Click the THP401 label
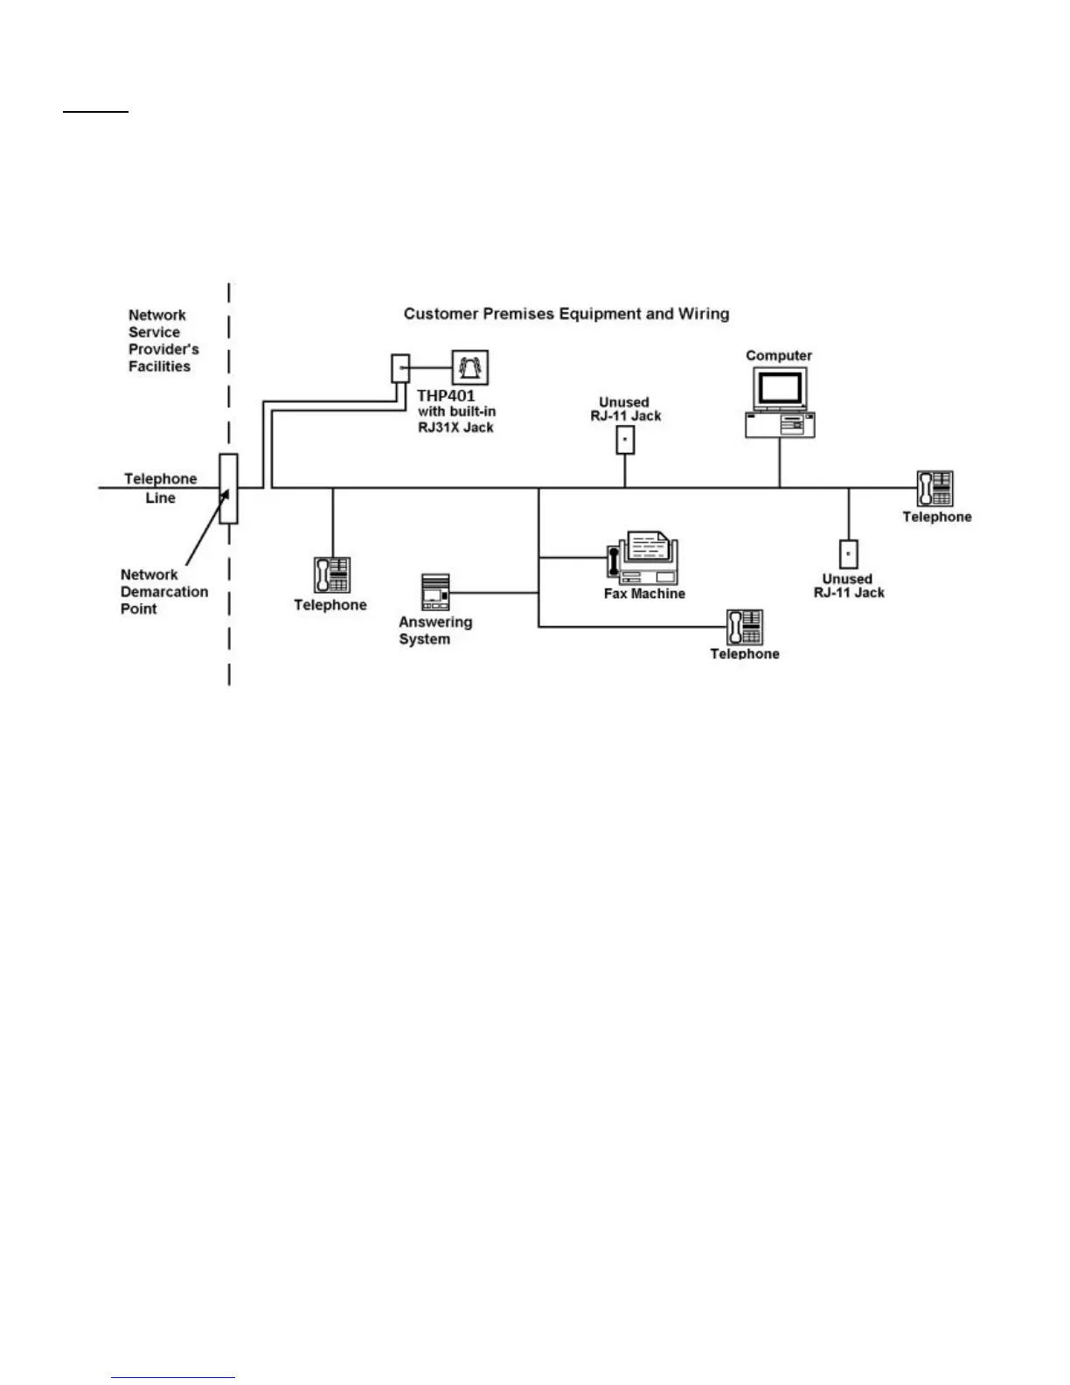pyautogui.click(x=446, y=396)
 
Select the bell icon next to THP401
pyautogui.click(x=470, y=367)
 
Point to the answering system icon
pyautogui.click(x=435, y=592)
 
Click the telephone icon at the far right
pyautogui.click(x=935, y=488)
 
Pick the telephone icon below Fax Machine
pyautogui.click(x=745, y=627)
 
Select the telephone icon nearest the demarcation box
pyautogui.click(x=332, y=574)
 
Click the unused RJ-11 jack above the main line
pyautogui.click(x=625, y=440)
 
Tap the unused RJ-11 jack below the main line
pyautogui.click(x=848, y=554)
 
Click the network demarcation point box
pyautogui.click(x=228, y=489)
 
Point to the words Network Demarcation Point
pyautogui.click(x=163, y=592)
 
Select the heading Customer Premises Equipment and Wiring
pyautogui.click(x=566, y=314)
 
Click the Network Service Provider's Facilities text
pyautogui.click(x=163, y=341)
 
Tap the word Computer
pyautogui.click(x=779, y=356)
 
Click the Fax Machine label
pyautogui.click(x=644, y=594)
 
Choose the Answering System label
pyautogui.click(x=434, y=630)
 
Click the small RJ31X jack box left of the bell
pyautogui.click(x=400, y=367)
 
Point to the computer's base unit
pyautogui.click(x=780, y=425)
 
